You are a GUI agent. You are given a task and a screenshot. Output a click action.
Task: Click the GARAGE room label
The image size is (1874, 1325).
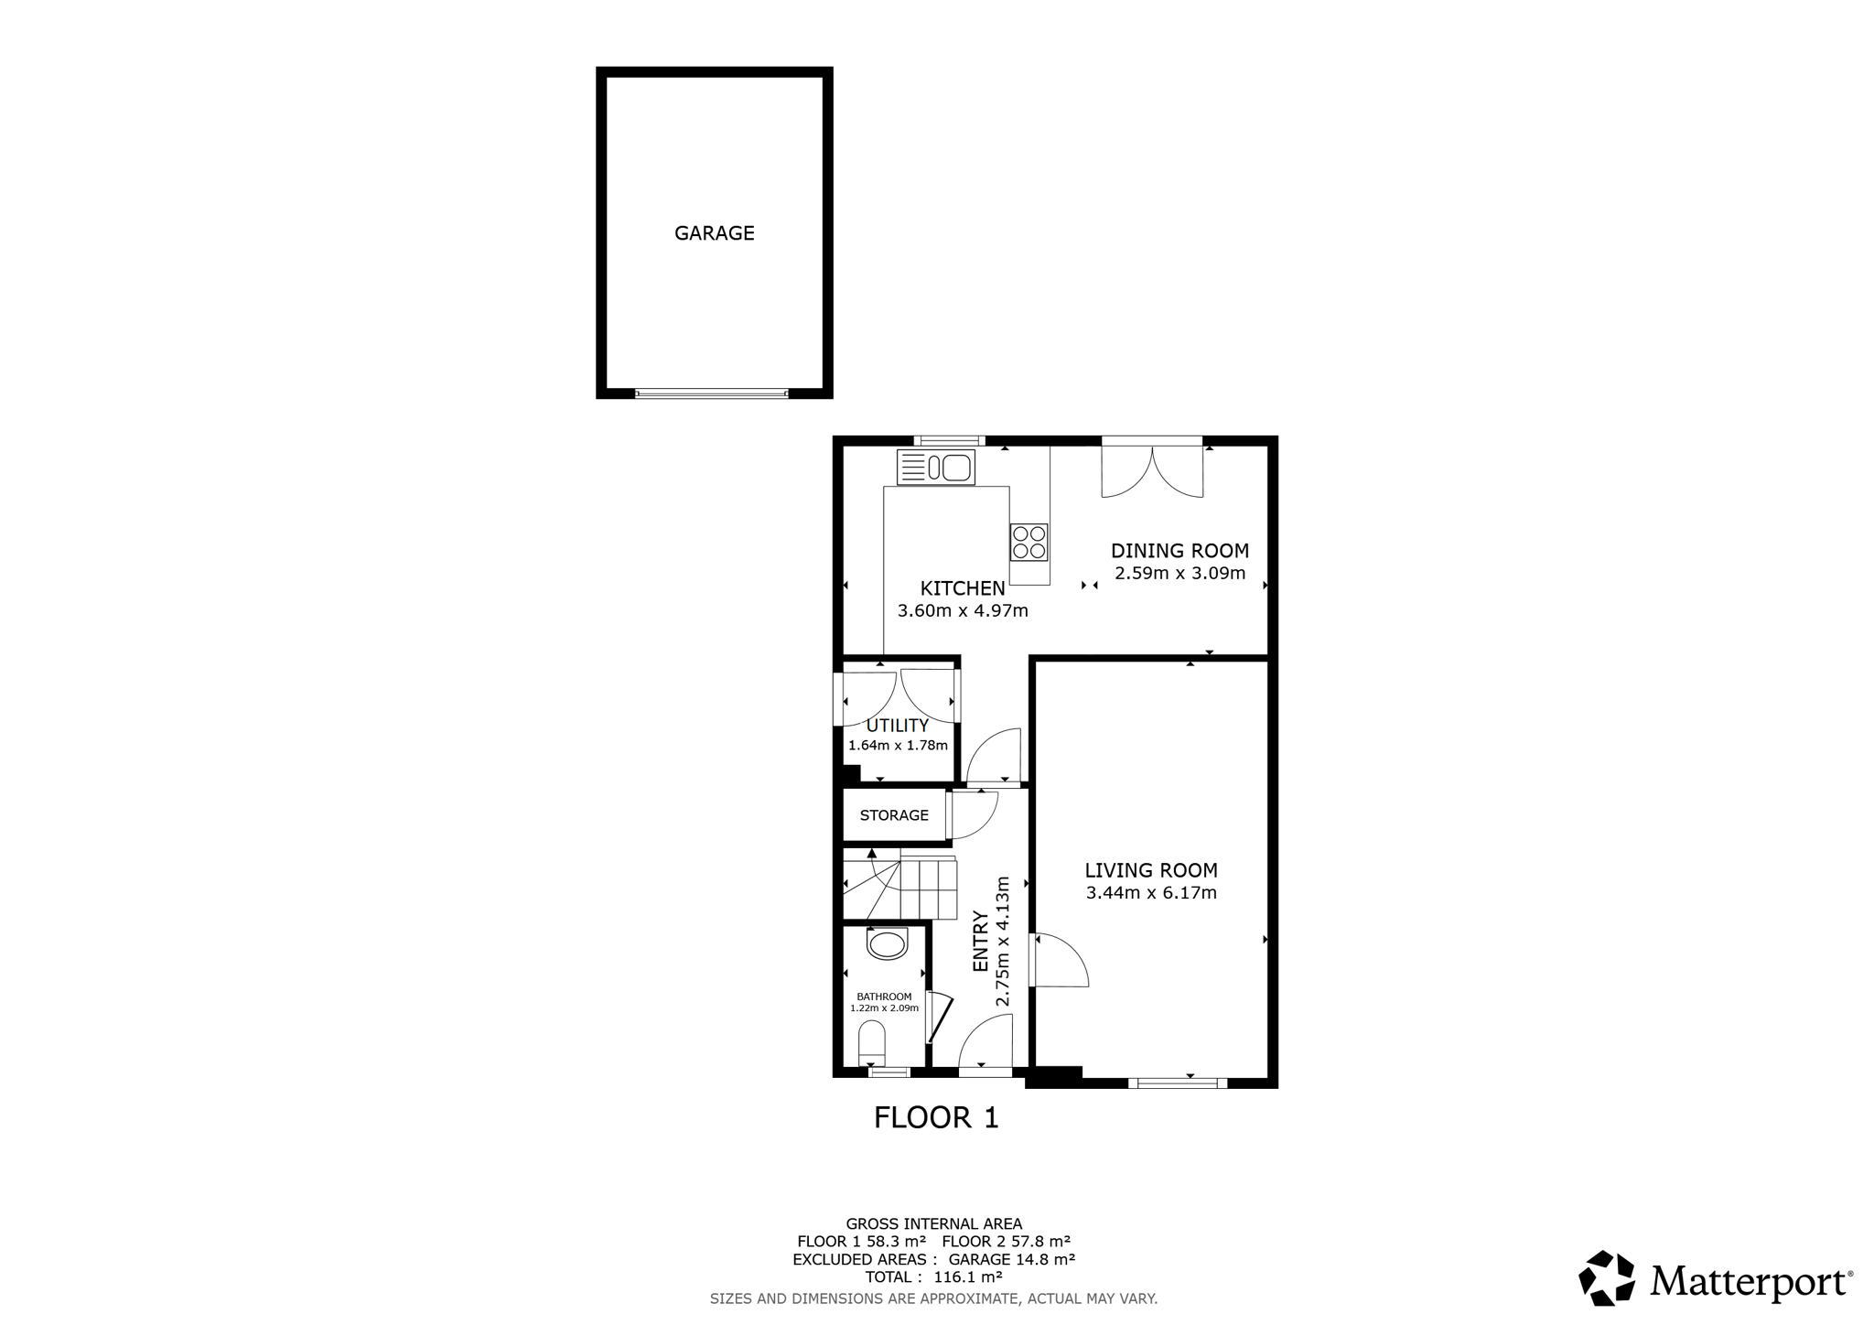click(714, 233)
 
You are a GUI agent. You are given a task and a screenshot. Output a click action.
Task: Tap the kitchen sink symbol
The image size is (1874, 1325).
click(936, 468)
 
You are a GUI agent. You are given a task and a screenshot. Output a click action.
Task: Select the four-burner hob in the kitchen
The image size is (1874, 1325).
click(1029, 542)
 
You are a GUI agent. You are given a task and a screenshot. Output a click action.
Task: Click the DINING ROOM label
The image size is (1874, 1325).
click(1179, 551)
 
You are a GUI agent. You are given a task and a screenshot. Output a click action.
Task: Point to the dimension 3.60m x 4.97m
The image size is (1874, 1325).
click(963, 610)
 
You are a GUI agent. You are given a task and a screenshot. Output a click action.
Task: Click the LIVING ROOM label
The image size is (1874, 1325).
click(1151, 870)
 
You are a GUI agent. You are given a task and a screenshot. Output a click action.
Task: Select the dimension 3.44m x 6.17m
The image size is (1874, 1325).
click(1151, 893)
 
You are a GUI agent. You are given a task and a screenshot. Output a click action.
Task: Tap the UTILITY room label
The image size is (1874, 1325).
click(897, 726)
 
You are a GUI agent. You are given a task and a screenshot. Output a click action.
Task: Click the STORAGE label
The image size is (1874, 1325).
click(894, 815)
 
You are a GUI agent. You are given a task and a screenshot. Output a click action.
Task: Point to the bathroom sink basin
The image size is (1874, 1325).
click(887, 943)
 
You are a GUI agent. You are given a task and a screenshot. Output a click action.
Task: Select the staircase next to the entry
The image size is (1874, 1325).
click(899, 886)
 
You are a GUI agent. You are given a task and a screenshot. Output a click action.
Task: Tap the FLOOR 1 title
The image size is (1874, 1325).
click(936, 1117)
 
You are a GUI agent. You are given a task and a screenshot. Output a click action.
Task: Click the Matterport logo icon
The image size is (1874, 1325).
click(1607, 1277)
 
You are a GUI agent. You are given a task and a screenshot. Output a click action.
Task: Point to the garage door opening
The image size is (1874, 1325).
click(712, 393)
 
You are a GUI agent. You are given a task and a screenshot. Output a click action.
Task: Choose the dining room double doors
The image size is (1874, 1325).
click(1152, 468)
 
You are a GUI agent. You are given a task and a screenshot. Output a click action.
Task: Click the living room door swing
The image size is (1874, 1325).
click(1061, 959)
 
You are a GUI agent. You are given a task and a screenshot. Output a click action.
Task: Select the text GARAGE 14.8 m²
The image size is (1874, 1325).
click(1011, 1259)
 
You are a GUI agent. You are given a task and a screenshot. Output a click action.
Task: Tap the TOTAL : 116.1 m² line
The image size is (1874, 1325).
click(933, 1277)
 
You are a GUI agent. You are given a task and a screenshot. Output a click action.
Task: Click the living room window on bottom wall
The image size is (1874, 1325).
click(1178, 1083)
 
